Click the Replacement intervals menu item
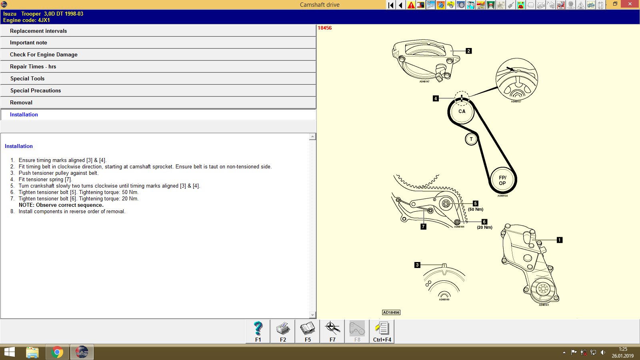pyautogui.click(x=38, y=31)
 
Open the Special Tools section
pyautogui.click(x=27, y=78)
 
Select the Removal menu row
pyautogui.click(x=21, y=102)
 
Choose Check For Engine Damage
pyautogui.click(x=44, y=54)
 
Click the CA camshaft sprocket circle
pyautogui.click(x=462, y=112)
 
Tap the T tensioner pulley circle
pyautogui.click(x=471, y=139)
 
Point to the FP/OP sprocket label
pyautogui.click(x=502, y=180)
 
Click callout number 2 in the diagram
pyautogui.click(x=469, y=51)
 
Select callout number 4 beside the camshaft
pyautogui.click(x=436, y=98)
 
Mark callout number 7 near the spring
pyautogui.click(x=423, y=226)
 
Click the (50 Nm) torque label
pyautogui.click(x=476, y=209)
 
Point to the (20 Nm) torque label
pyautogui.click(x=484, y=227)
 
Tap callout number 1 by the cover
pyautogui.click(x=560, y=240)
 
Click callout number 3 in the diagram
pyautogui.click(x=417, y=265)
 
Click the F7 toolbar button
pyautogui.click(x=332, y=331)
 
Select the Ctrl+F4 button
pyautogui.click(x=382, y=331)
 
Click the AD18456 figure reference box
pyautogui.click(x=391, y=312)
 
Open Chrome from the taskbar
pyautogui.click(x=57, y=352)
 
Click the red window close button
pyautogui.click(x=630, y=4)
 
